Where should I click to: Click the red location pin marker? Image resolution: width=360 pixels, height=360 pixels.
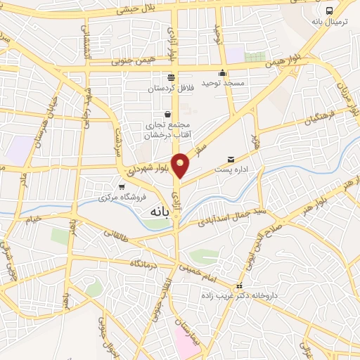[x=181, y=165]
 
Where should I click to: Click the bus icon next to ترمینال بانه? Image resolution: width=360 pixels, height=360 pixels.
[x=330, y=10]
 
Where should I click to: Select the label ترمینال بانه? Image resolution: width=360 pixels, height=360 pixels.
[x=330, y=22]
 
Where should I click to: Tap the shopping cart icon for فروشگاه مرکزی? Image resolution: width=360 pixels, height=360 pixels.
[x=122, y=187]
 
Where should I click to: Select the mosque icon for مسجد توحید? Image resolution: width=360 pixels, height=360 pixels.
[x=223, y=72]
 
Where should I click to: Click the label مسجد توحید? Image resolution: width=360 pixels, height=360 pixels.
[x=223, y=84]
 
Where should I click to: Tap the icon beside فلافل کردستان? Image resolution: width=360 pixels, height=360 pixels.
[x=170, y=77]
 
